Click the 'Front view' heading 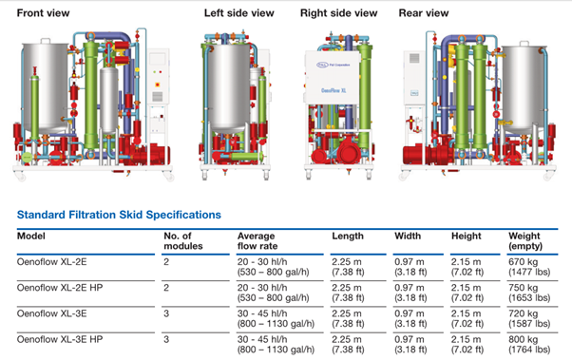click(43, 13)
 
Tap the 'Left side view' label click(238, 13)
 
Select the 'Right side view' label click(338, 13)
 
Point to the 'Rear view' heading click(424, 13)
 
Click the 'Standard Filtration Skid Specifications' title click(119, 215)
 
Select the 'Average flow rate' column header click(257, 240)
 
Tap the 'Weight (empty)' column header click(525, 240)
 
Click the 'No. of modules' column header click(183, 240)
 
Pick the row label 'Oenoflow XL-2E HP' click(60, 288)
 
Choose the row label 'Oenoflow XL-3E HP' click(60, 339)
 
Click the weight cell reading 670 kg click(529, 267)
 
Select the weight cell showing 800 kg click(529, 344)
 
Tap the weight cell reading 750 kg click(529, 293)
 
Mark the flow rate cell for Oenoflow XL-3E click(276, 318)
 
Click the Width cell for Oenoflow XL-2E click(410, 267)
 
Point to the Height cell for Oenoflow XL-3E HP click(467, 344)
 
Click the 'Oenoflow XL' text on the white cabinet click(334, 90)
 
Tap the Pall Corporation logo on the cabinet click(333, 65)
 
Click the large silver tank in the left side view click(228, 86)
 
